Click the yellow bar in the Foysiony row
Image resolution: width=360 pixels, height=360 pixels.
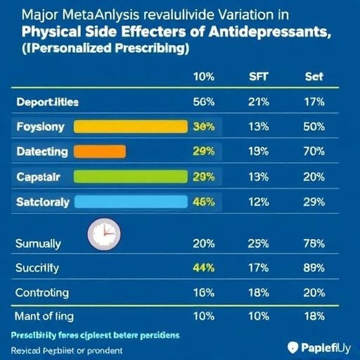click(130, 127)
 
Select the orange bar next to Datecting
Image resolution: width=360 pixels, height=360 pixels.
click(100, 151)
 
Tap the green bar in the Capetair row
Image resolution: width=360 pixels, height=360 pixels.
click(130, 177)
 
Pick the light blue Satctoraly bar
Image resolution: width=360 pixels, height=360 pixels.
click(130, 202)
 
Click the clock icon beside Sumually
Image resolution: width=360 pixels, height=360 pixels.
click(104, 234)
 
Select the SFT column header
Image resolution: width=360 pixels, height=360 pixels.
click(258, 77)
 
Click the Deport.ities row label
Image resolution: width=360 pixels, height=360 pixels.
click(47, 102)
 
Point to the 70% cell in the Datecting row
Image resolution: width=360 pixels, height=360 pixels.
click(314, 151)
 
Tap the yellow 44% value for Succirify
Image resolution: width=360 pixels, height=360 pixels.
click(204, 268)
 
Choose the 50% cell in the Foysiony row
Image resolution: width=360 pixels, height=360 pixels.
click(314, 127)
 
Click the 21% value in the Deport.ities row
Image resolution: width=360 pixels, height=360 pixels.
click(258, 102)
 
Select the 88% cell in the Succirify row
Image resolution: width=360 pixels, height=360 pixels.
click(314, 268)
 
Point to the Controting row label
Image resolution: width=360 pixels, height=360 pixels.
click(42, 292)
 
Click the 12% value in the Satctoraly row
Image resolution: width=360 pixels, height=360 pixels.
click(258, 202)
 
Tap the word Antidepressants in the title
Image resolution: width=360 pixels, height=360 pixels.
click(269, 32)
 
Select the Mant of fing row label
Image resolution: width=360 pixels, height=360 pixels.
click(44, 316)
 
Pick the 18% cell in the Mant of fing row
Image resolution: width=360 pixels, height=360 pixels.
click(314, 316)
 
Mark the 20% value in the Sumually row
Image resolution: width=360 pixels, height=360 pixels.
click(204, 243)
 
